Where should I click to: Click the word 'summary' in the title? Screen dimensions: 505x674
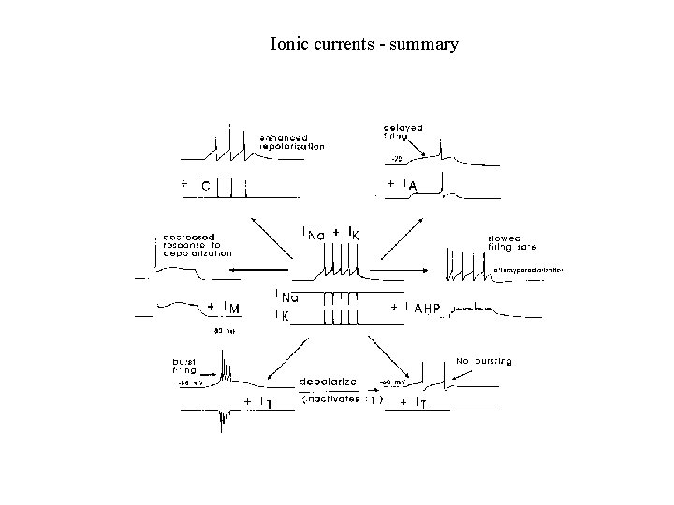point(424,44)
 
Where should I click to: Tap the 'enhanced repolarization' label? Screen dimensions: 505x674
point(291,142)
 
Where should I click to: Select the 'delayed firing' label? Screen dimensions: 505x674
point(403,132)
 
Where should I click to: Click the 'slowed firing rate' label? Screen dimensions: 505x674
point(511,243)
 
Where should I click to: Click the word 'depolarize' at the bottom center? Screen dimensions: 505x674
point(328,382)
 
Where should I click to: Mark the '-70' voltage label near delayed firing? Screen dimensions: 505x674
point(397,159)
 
